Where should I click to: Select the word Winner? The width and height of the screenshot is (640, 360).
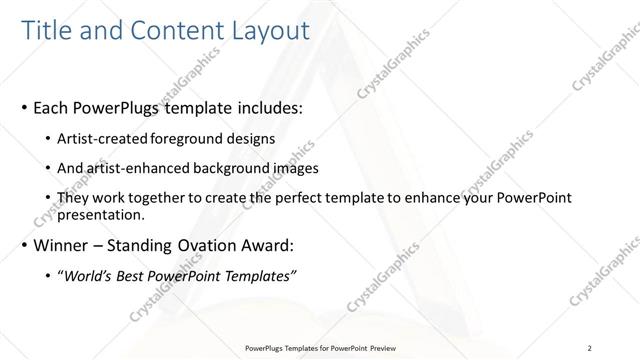(x=63, y=245)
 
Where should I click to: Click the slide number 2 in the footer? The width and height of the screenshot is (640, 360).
(x=590, y=348)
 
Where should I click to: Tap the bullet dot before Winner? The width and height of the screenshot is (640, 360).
(x=23, y=246)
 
